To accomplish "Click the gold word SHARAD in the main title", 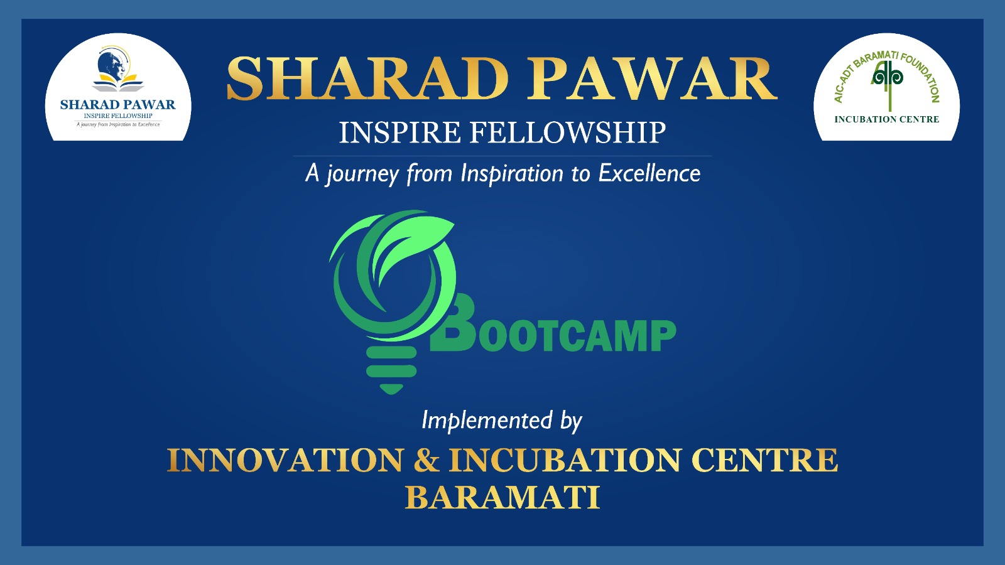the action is click(x=367, y=79).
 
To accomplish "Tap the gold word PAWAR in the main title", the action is click(x=651, y=79).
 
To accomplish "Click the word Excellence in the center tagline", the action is click(x=649, y=173).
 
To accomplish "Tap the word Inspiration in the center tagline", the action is click(x=512, y=174).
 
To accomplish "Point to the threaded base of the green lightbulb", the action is click(x=391, y=370).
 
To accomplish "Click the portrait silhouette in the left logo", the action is click(x=111, y=67).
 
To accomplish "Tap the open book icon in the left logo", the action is click(x=118, y=83).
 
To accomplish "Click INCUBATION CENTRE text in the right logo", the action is click(x=886, y=119).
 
